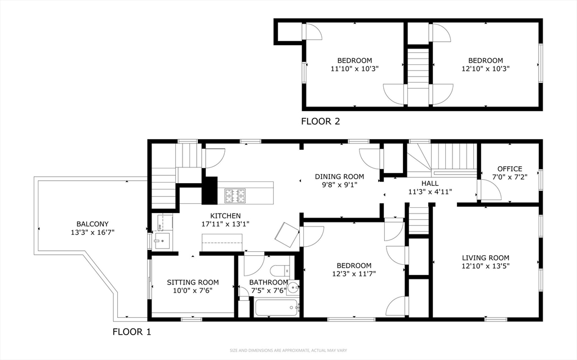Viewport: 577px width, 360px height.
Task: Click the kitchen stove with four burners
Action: pyautogui.click(x=236, y=196)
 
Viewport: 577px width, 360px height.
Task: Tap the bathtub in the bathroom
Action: pyautogui.click(x=277, y=308)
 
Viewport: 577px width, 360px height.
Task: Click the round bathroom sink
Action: pyautogui.click(x=293, y=287)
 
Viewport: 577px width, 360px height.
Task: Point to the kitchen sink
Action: pyautogui.click(x=162, y=241)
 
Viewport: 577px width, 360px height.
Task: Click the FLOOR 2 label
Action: pyautogui.click(x=321, y=121)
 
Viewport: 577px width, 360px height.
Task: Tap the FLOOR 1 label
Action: pyautogui.click(x=132, y=332)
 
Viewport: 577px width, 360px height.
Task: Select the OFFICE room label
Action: pyautogui.click(x=509, y=169)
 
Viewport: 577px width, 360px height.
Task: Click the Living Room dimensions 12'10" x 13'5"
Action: pyautogui.click(x=485, y=266)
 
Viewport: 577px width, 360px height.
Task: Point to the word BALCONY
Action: pyautogui.click(x=92, y=224)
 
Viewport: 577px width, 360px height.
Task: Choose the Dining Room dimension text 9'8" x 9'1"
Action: pyautogui.click(x=339, y=185)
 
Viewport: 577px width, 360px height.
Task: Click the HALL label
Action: pyautogui.click(x=430, y=183)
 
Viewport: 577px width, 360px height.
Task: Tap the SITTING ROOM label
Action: pyautogui.click(x=193, y=282)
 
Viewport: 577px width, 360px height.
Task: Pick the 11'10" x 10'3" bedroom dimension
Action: pyautogui.click(x=355, y=69)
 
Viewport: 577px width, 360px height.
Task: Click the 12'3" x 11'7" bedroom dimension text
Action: pyautogui.click(x=354, y=274)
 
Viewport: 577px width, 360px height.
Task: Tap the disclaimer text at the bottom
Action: pyautogui.click(x=288, y=350)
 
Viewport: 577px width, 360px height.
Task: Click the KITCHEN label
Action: pyautogui.click(x=225, y=216)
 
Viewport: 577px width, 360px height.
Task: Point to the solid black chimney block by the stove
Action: pyautogui.click(x=210, y=190)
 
